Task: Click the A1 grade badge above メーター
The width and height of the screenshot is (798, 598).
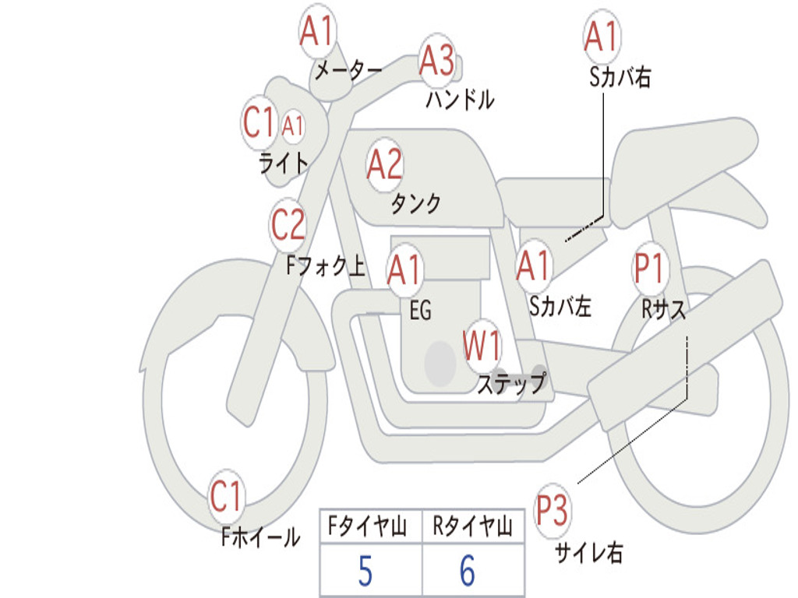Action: [x=317, y=33]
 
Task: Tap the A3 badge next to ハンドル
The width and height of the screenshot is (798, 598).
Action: [x=436, y=61]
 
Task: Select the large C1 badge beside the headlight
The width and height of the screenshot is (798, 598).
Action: [x=259, y=123]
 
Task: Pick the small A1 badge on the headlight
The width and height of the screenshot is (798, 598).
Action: [x=293, y=125]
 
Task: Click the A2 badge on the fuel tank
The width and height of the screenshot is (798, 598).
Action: [x=384, y=164]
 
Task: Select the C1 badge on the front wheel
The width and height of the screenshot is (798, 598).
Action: [x=226, y=497]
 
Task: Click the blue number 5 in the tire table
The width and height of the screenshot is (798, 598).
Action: [x=365, y=572]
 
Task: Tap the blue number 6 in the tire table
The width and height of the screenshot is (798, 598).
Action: [x=468, y=572]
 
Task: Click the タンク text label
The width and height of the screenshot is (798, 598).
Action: [x=415, y=204]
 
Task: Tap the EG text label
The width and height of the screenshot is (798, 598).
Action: [x=420, y=311]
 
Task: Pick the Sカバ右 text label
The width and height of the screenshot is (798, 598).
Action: [x=620, y=77]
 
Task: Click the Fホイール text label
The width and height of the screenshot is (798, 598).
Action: [x=260, y=536]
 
